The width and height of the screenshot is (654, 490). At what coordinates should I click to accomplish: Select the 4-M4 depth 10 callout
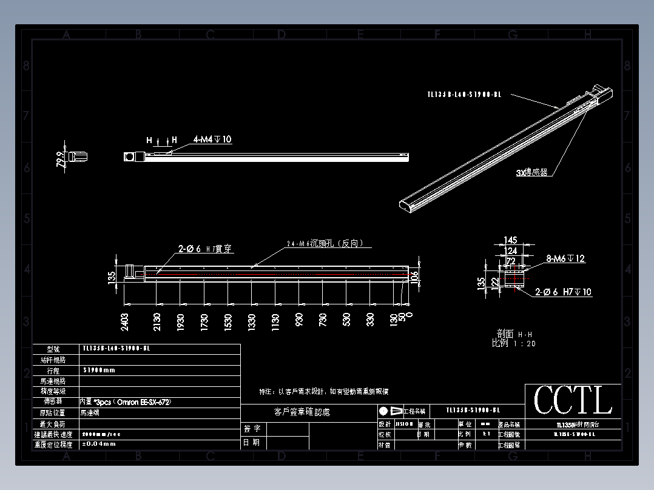(212, 139)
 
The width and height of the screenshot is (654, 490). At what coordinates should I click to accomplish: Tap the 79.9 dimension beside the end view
(60, 159)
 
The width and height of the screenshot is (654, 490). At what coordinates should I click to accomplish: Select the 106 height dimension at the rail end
(415, 277)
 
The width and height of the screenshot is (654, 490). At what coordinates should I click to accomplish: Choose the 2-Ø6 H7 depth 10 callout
(563, 292)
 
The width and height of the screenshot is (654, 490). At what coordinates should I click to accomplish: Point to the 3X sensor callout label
(531, 172)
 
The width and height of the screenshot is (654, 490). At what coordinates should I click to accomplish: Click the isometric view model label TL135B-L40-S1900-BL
(464, 94)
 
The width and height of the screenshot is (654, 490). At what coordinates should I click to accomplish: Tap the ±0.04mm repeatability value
(99, 444)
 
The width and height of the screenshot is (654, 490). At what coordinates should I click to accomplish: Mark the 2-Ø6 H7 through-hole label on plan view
(205, 249)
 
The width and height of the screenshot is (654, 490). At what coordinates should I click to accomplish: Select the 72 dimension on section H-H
(510, 260)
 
